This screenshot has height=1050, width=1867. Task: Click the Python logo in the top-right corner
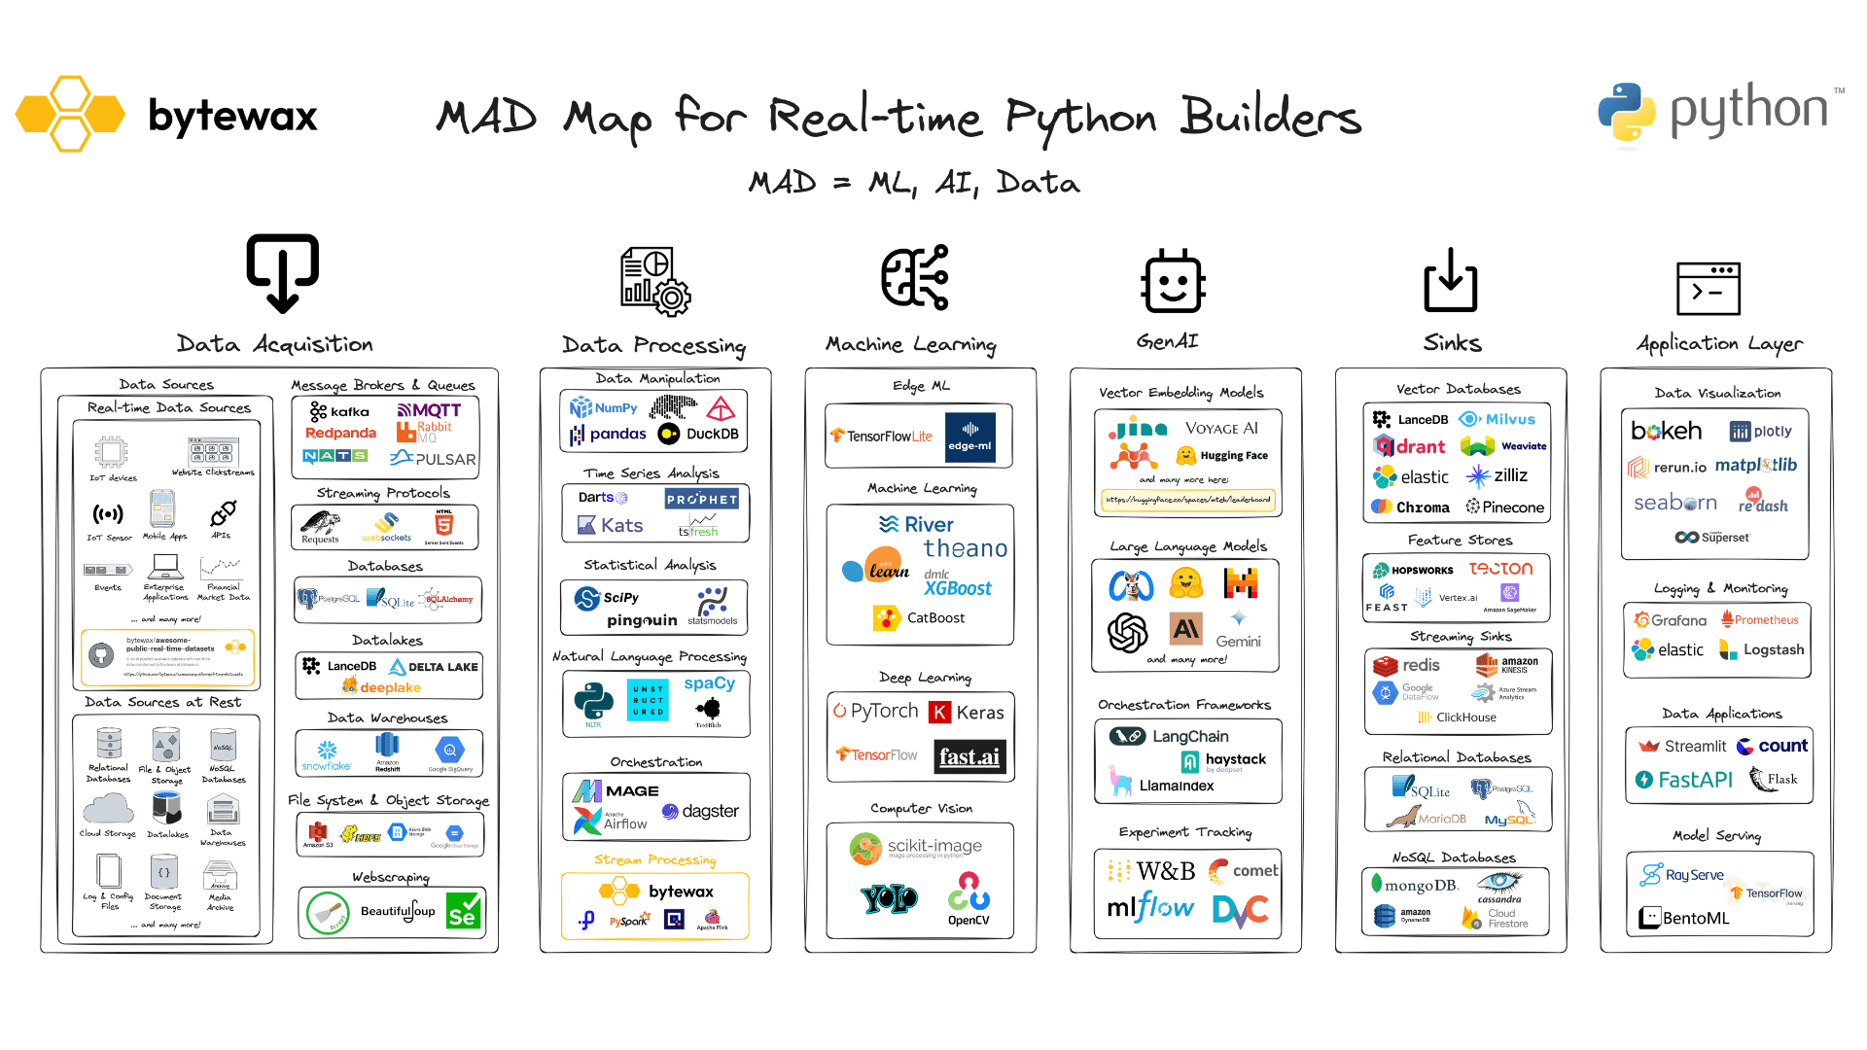click(1626, 112)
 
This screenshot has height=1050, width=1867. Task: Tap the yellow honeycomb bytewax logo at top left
click(70, 114)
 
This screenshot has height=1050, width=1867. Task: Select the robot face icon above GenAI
click(1173, 283)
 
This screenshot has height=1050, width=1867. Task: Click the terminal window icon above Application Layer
click(1708, 289)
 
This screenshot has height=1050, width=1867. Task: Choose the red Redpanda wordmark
click(340, 433)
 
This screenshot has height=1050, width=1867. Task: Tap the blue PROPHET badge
click(701, 499)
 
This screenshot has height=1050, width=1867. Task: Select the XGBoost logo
click(957, 587)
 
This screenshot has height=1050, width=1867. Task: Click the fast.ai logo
click(969, 756)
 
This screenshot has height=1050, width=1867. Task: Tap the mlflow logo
click(1150, 908)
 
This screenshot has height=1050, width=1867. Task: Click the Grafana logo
click(1670, 619)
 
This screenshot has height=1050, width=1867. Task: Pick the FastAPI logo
click(1684, 779)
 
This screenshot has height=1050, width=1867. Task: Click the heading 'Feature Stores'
click(1460, 540)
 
